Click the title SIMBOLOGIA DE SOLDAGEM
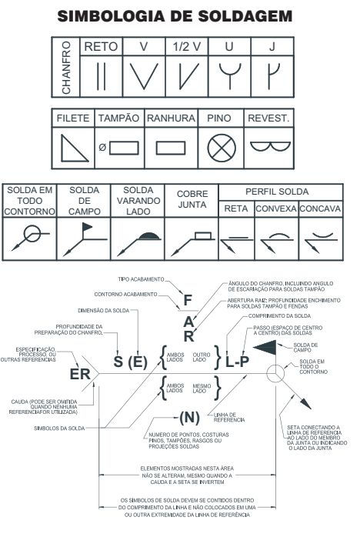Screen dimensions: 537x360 [179, 15]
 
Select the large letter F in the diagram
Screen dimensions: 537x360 [186, 299]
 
